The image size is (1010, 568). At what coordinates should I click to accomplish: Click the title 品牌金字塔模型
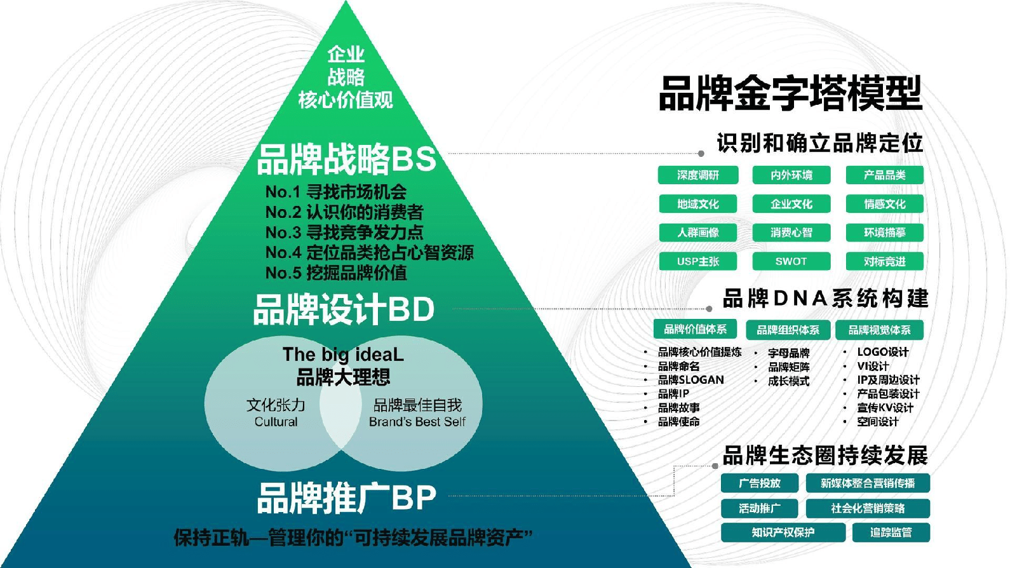(x=790, y=94)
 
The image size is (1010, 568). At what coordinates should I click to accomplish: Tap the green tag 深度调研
(x=698, y=175)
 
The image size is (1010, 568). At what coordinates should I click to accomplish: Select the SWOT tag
(x=791, y=261)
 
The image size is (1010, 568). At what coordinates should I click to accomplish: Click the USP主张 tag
(x=698, y=261)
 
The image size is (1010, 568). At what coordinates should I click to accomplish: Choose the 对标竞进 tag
(x=885, y=261)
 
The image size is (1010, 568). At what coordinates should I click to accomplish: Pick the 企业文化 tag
(x=791, y=204)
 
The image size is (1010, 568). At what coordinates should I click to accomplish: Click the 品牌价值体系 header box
(x=696, y=329)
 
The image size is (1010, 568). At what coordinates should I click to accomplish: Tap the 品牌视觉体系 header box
(x=879, y=330)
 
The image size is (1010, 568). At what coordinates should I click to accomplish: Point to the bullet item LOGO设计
(x=883, y=352)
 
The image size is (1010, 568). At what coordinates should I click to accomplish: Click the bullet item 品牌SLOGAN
(x=690, y=380)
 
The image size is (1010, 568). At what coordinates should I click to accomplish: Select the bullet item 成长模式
(x=788, y=381)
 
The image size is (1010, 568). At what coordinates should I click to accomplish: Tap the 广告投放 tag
(x=760, y=483)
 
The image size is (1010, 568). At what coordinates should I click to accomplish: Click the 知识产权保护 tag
(x=783, y=532)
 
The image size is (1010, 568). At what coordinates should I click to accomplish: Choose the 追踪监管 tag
(x=891, y=532)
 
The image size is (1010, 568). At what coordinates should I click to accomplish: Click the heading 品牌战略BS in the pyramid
(x=346, y=159)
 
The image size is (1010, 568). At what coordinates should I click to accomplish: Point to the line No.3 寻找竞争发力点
(x=344, y=233)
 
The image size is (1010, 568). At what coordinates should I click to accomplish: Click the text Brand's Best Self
(x=417, y=423)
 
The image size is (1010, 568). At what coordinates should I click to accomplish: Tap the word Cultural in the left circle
(x=276, y=423)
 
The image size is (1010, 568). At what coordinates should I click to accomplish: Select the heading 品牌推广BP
(x=346, y=499)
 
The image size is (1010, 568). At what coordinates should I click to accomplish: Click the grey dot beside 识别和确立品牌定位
(x=701, y=153)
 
